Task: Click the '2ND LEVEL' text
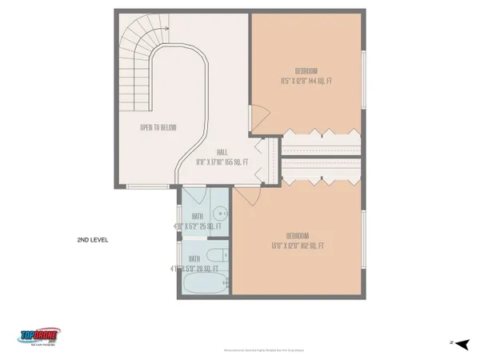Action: click(92, 240)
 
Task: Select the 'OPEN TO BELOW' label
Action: click(158, 127)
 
